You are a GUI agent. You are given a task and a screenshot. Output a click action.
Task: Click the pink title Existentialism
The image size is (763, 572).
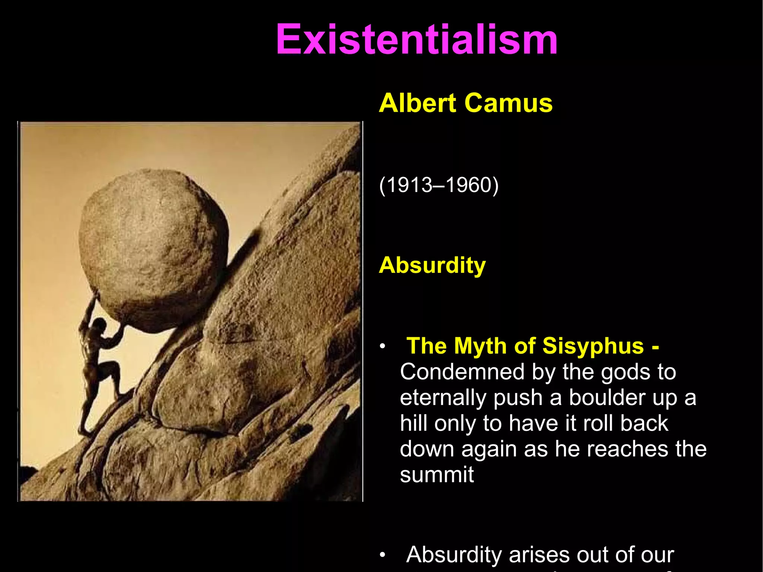click(417, 39)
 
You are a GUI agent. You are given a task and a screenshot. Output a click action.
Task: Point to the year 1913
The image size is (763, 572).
click(406, 185)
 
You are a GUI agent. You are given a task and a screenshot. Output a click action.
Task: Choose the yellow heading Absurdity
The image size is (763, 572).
click(432, 265)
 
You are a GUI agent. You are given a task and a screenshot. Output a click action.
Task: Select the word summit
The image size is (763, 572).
click(437, 475)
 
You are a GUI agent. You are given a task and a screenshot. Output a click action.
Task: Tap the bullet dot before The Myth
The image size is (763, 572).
click(382, 347)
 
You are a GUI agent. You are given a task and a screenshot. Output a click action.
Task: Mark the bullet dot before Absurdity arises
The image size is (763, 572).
click(382, 556)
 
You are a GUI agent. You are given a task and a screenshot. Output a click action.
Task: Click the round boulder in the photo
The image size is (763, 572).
click(153, 250)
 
